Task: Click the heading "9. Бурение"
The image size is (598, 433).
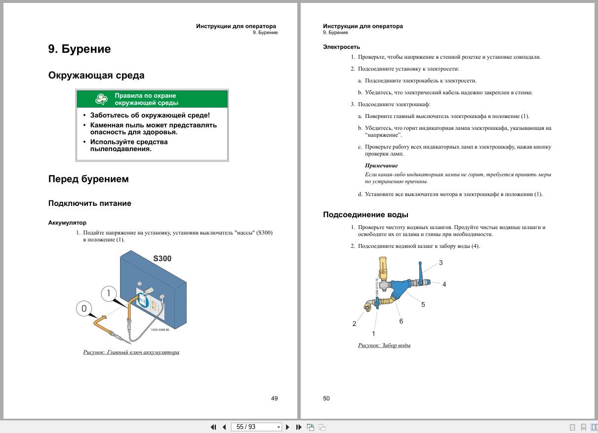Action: click(80, 49)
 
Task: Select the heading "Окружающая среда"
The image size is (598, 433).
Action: click(96, 76)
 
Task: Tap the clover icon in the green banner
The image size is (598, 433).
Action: click(101, 99)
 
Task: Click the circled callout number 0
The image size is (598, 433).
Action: click(84, 309)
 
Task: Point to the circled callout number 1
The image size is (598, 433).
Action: click(109, 293)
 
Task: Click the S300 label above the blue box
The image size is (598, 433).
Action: click(162, 259)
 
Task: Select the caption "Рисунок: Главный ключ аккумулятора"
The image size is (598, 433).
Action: click(131, 353)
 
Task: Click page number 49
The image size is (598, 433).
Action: click(275, 398)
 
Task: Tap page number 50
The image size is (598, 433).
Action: click(326, 398)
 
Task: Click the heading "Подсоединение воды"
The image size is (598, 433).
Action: click(365, 215)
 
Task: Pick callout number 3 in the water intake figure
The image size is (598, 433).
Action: click(440, 263)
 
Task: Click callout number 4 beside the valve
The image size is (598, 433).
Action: click(444, 284)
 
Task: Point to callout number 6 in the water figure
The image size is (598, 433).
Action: click(401, 321)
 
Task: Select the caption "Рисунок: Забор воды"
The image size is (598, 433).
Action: click(384, 345)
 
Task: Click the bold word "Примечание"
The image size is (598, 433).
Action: click(381, 165)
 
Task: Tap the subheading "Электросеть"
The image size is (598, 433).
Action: click(338, 47)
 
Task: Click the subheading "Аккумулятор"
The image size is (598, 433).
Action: click(67, 223)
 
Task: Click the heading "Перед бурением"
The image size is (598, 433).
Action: click(88, 179)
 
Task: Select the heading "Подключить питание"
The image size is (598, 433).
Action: click(90, 203)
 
